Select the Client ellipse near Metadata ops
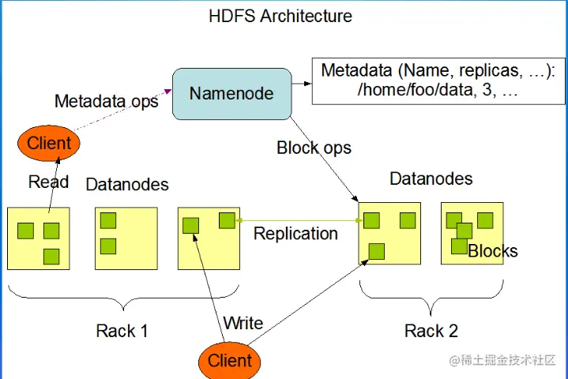coord(49,144)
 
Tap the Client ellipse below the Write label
coord(229,361)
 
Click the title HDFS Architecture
coord(280,16)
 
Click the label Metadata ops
coord(106,101)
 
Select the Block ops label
coord(314,148)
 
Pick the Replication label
coord(295,234)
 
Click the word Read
coord(48,182)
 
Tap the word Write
coord(243,323)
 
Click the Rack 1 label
coord(122,330)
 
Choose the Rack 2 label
coord(431,330)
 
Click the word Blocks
coord(493,252)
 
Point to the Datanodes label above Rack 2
coord(431,179)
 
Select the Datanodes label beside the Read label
coord(126,185)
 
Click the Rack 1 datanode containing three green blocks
coord(39,238)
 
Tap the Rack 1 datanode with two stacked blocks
coord(126,238)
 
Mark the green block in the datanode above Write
coord(190,225)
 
